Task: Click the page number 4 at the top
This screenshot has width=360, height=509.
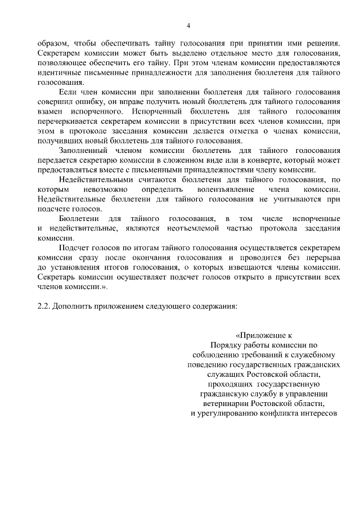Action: tap(188, 25)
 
